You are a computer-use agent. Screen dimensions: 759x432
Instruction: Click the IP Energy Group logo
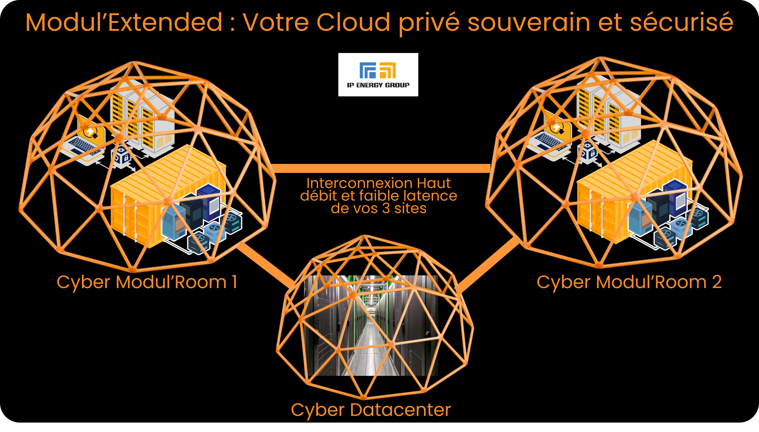pos(378,74)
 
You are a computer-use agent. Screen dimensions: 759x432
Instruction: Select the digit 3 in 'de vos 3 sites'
pos(386,208)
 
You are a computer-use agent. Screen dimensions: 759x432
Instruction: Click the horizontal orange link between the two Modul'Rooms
pos(382,168)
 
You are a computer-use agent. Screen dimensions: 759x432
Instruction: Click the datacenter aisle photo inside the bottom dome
pos(371,325)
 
